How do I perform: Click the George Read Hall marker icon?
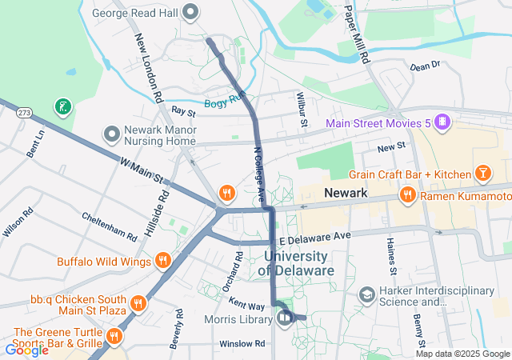click(190, 12)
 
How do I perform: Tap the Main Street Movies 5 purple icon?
click(442, 123)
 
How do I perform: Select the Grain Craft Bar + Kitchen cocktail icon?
click(483, 174)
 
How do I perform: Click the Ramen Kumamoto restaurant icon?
click(407, 194)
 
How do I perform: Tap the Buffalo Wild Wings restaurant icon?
click(163, 260)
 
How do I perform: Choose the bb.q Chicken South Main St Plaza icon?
click(138, 302)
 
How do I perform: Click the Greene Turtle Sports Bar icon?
click(114, 337)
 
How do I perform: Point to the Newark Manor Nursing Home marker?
click(110, 133)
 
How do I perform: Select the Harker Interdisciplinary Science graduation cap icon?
click(366, 295)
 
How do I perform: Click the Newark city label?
click(346, 194)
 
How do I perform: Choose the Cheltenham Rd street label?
click(109, 226)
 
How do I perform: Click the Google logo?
click(26, 350)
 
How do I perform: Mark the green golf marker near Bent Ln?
click(62, 106)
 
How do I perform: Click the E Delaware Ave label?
click(315, 238)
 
